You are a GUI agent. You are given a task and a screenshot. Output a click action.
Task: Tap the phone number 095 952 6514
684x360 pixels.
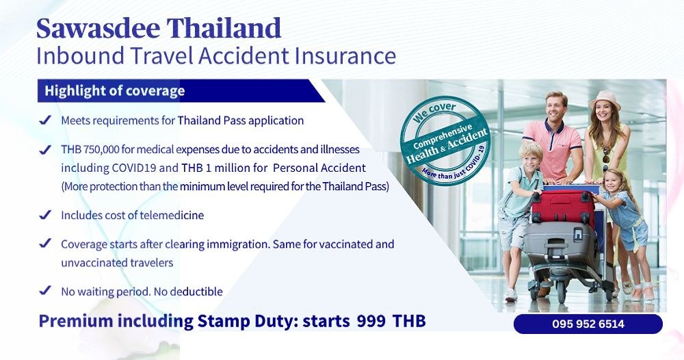(588, 324)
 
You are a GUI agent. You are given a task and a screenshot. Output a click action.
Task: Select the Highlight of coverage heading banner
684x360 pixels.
(114, 90)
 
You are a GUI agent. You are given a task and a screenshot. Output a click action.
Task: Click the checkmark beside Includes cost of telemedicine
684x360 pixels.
(45, 215)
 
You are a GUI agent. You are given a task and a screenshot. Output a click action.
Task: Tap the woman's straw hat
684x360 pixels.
(605, 100)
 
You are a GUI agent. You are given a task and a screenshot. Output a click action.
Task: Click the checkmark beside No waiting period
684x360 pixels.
(45, 291)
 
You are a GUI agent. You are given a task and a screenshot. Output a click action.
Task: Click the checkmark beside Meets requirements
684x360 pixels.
(45, 120)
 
